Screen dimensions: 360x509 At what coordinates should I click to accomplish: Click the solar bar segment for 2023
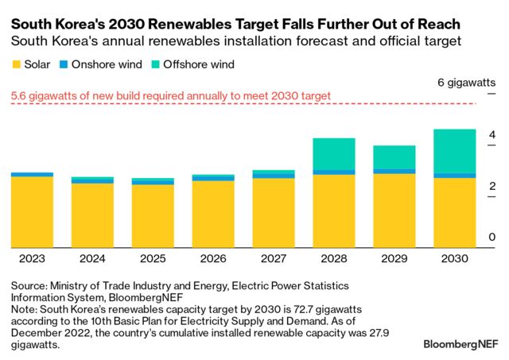coord(33,211)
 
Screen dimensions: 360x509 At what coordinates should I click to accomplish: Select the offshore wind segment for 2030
coord(455,151)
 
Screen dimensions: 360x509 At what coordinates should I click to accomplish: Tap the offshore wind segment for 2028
coord(333,154)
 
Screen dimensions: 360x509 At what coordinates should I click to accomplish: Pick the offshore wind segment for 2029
coord(394,157)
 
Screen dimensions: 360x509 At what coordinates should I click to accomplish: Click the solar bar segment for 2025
coord(152,215)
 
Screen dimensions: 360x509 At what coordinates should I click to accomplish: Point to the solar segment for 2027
coord(273,212)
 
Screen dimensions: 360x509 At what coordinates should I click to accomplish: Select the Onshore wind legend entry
coord(102,64)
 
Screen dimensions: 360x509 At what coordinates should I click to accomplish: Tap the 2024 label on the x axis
coord(92,258)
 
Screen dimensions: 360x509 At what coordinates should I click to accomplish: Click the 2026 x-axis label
coord(212,258)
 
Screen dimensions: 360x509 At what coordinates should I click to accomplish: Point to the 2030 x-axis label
coord(455,258)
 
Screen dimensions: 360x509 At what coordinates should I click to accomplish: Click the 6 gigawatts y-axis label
coord(467,83)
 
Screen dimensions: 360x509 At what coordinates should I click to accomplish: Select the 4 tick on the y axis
coord(492,134)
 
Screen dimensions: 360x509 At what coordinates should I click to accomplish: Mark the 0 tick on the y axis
coord(492,238)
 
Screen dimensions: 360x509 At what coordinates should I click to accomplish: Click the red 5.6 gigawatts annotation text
coord(171,97)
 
